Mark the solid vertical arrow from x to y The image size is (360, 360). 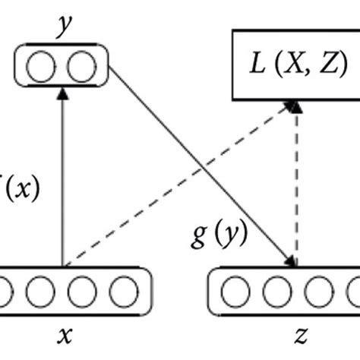(62, 182)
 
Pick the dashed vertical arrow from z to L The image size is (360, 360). (296, 190)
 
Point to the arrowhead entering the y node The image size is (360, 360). (62, 92)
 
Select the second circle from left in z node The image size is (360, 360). (276, 292)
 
